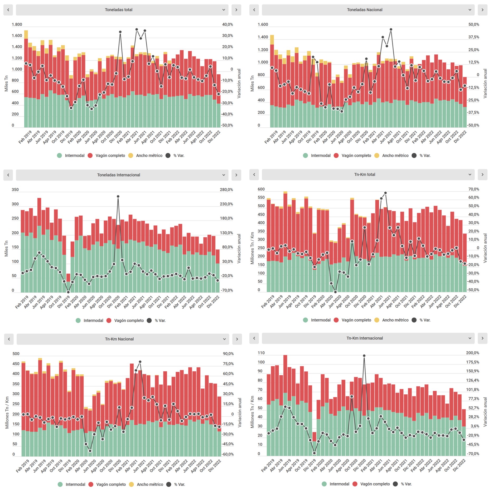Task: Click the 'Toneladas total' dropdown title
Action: point(119,10)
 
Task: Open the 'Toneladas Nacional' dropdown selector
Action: point(470,10)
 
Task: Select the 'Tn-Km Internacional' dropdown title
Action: point(364,338)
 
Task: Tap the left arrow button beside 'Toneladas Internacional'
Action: point(8,175)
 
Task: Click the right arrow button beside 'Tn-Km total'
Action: point(482,174)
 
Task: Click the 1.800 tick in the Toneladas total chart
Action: point(17,25)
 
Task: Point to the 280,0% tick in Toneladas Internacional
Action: point(226,190)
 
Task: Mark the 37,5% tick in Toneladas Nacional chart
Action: point(473,37)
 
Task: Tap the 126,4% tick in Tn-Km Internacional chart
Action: point(472,380)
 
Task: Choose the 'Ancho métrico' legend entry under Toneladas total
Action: point(149,156)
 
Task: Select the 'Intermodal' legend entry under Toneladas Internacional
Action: point(93,321)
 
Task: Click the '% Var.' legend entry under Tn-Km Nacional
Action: point(179,484)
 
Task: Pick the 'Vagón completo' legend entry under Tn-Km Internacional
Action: point(375,484)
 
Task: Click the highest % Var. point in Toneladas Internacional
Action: point(118,196)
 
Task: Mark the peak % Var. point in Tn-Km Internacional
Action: point(364,356)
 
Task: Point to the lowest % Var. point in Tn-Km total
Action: point(335,292)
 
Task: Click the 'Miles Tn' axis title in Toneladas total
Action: point(6,84)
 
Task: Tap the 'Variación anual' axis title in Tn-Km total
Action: point(485,248)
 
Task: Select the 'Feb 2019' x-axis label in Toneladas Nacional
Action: point(271,137)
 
